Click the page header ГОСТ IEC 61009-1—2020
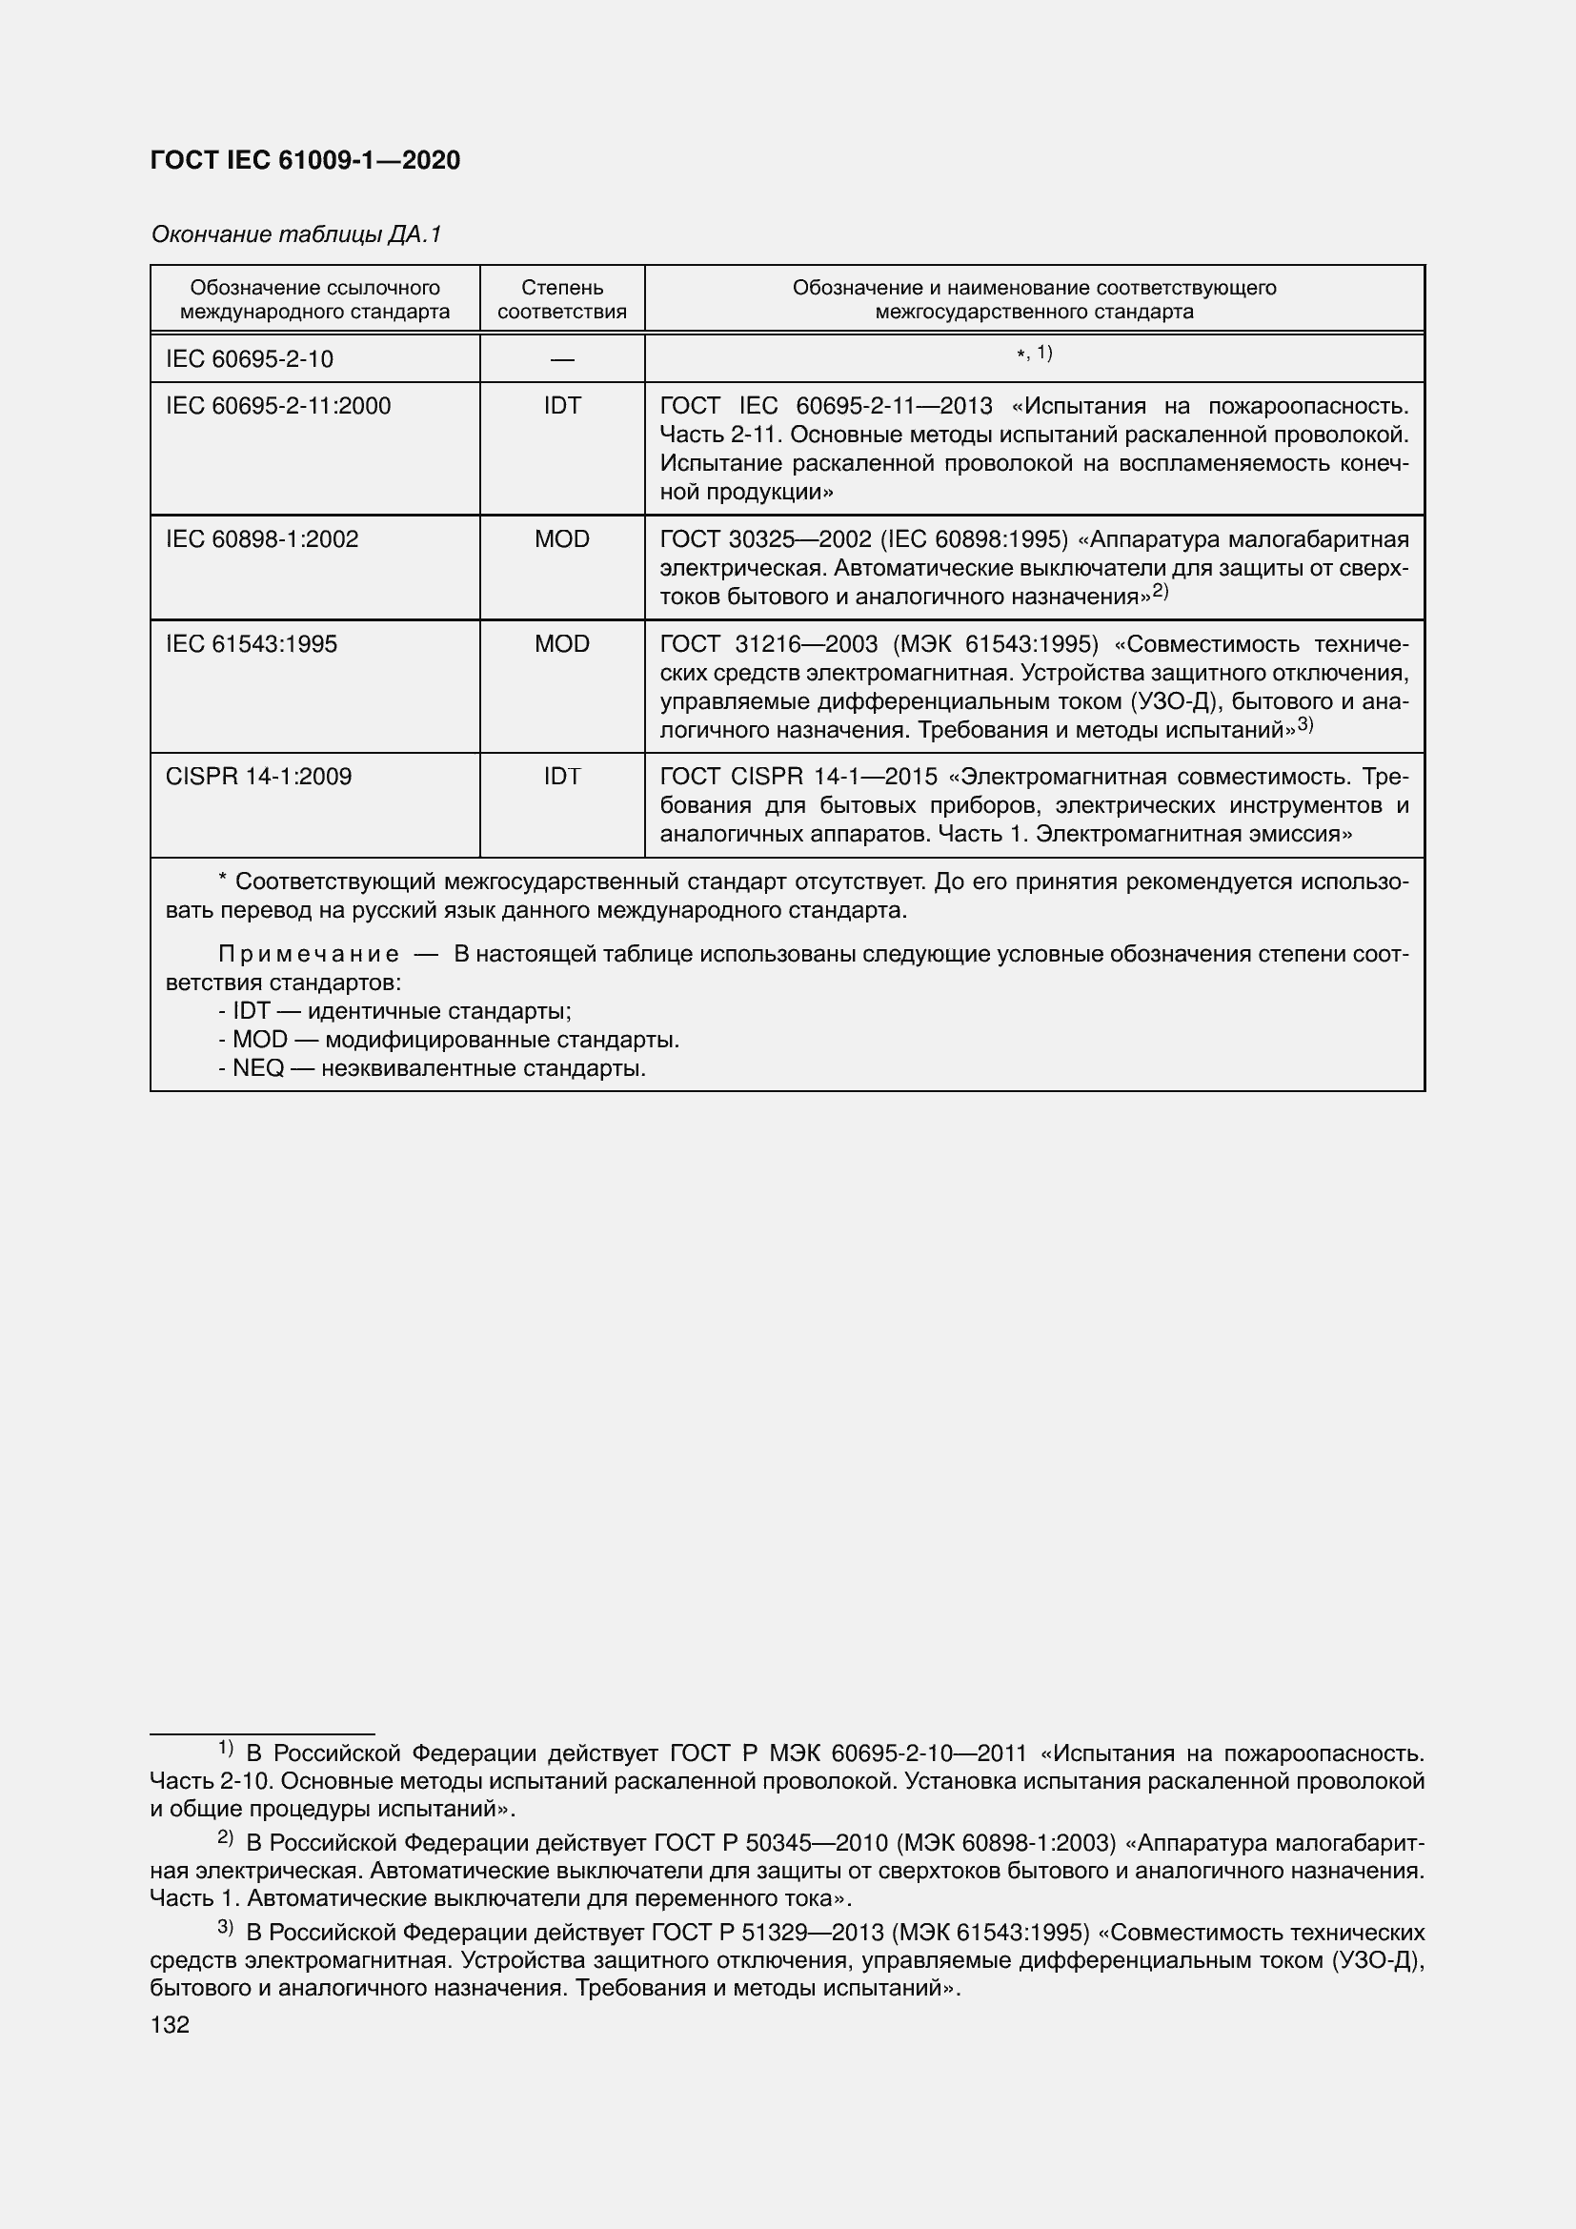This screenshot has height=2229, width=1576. pyautogui.click(x=305, y=160)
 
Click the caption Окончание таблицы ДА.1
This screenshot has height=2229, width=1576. pyautogui.click(x=296, y=234)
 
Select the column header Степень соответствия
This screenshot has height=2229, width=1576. pyautogui.click(x=562, y=299)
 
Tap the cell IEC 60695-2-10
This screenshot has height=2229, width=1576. pyautogui.click(x=250, y=359)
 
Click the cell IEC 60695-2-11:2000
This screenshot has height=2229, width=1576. pyautogui.click(x=278, y=406)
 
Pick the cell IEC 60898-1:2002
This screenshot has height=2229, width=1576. pyautogui.click(x=262, y=538)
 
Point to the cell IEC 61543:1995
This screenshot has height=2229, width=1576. pyautogui.click(x=252, y=643)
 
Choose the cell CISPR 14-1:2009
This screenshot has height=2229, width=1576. pyautogui.click(x=258, y=777)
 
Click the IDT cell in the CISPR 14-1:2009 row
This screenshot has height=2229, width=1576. pyautogui.click(x=562, y=777)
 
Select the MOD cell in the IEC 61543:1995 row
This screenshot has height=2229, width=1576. pyautogui.click(x=562, y=643)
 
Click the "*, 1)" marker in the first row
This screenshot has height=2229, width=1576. pyautogui.click(x=1034, y=354)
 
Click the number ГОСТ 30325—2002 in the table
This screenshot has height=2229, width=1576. pyautogui.click(x=766, y=538)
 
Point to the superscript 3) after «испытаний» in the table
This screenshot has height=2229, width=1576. pyautogui.click(x=1304, y=724)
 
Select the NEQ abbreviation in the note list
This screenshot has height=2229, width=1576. pyautogui.click(x=257, y=1069)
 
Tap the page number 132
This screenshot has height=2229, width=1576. pyautogui.click(x=170, y=2024)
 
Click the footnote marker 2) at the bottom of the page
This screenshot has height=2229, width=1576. pyautogui.click(x=225, y=1836)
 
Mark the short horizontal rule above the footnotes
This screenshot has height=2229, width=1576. pyautogui.click(x=262, y=1733)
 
